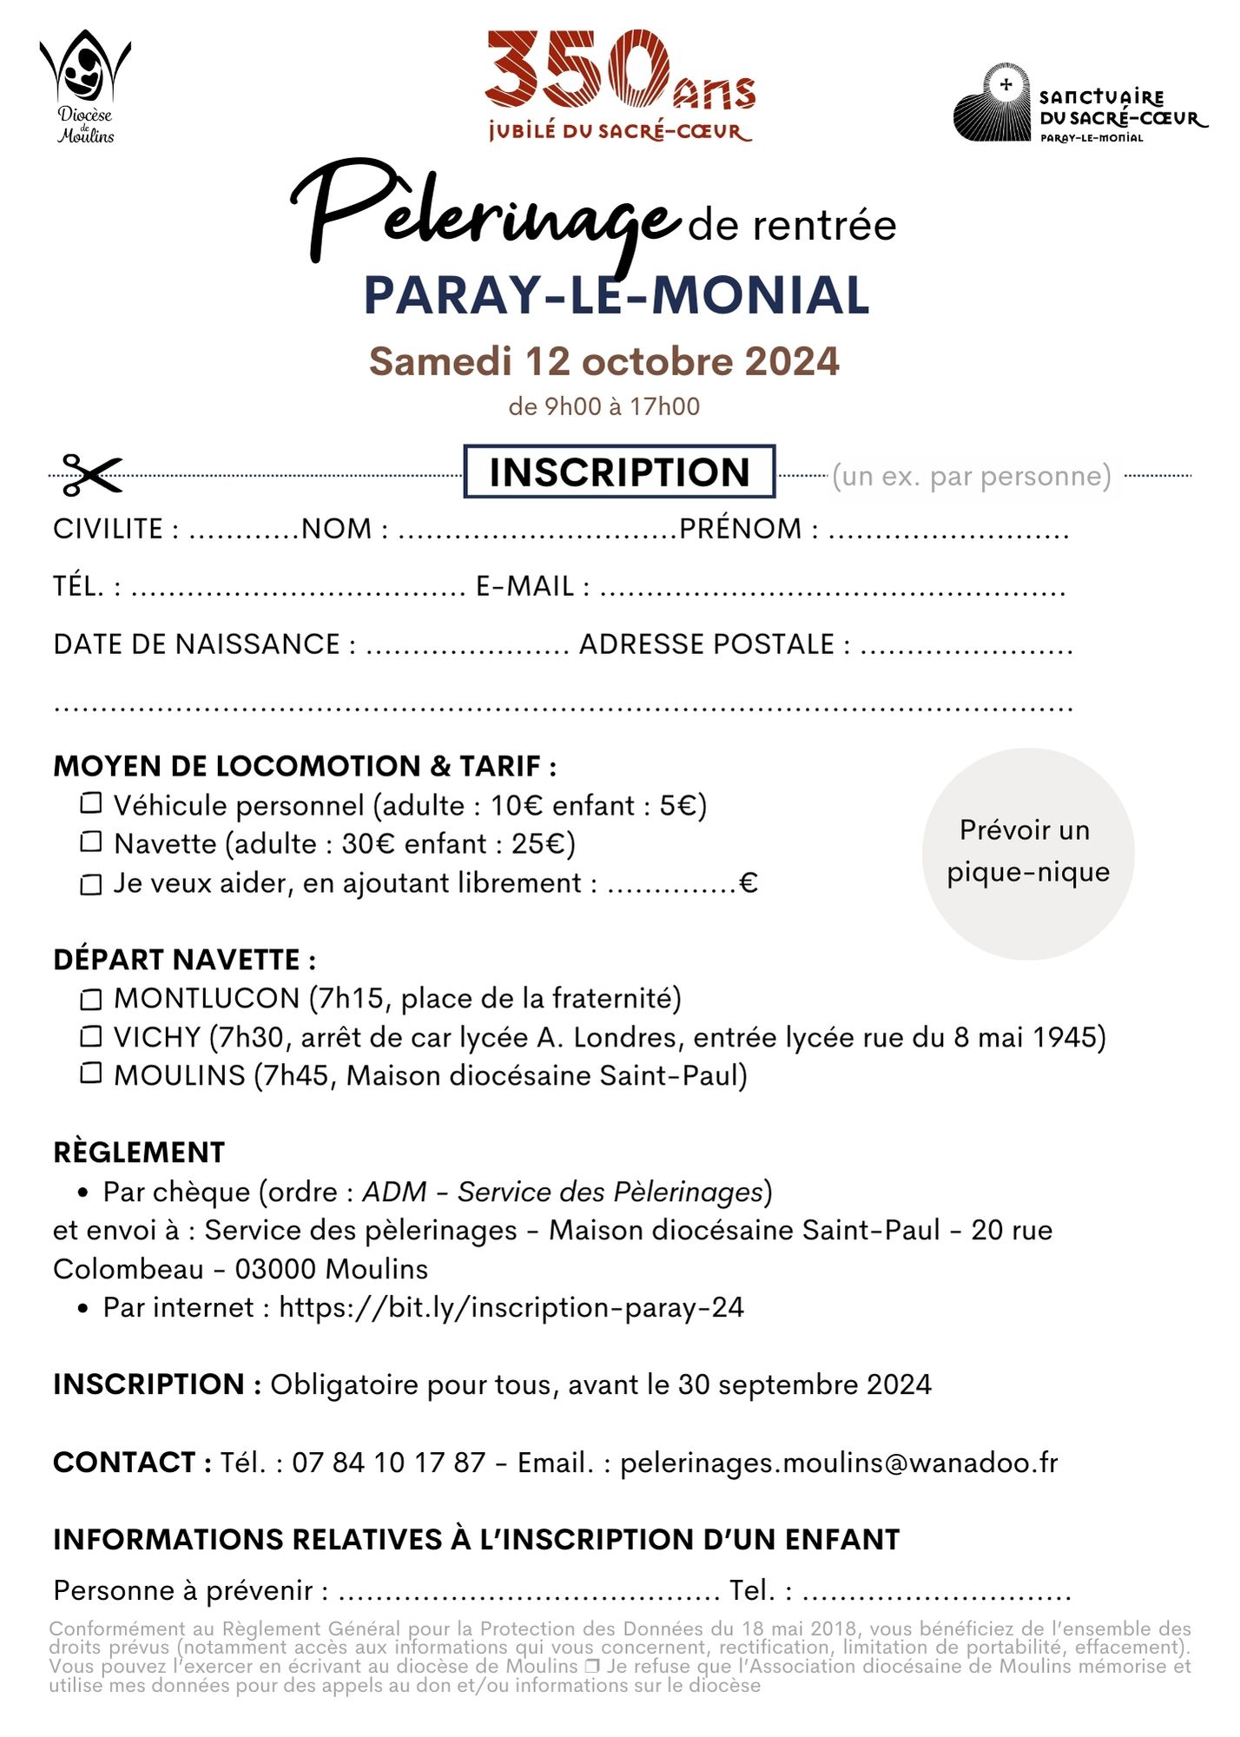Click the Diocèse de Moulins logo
(x=85, y=87)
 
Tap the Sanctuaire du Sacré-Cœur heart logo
(x=993, y=103)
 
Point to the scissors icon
(x=90, y=475)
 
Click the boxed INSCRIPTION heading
(x=619, y=472)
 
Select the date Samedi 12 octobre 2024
(x=604, y=361)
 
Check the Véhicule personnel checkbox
(x=91, y=803)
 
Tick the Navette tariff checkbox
(x=91, y=842)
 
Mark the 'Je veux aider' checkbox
(x=91, y=884)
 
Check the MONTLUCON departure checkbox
(x=91, y=999)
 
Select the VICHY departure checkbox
(x=91, y=1036)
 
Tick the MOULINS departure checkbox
(x=91, y=1073)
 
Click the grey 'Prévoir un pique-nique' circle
(x=1028, y=853)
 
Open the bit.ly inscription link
(x=511, y=1307)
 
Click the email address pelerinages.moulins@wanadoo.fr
(x=839, y=1463)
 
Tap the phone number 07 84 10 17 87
(x=388, y=1463)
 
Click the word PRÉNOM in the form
(x=740, y=529)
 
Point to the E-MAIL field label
(x=525, y=586)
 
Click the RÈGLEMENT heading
(x=139, y=1152)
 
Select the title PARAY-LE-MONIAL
(x=617, y=295)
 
